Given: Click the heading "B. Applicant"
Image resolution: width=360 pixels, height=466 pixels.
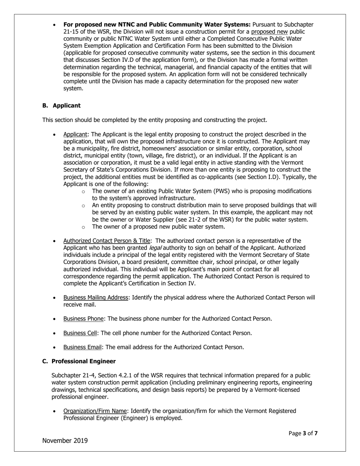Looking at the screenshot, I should tap(61, 105).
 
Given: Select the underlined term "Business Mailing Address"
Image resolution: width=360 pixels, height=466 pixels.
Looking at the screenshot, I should tap(95, 297).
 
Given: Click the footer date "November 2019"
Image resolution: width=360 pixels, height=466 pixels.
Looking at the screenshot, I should tap(65, 440).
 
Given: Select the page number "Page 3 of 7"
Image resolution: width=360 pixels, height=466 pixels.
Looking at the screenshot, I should tap(303, 433).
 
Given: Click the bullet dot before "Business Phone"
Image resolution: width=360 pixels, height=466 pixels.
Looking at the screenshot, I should tap(55, 319).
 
